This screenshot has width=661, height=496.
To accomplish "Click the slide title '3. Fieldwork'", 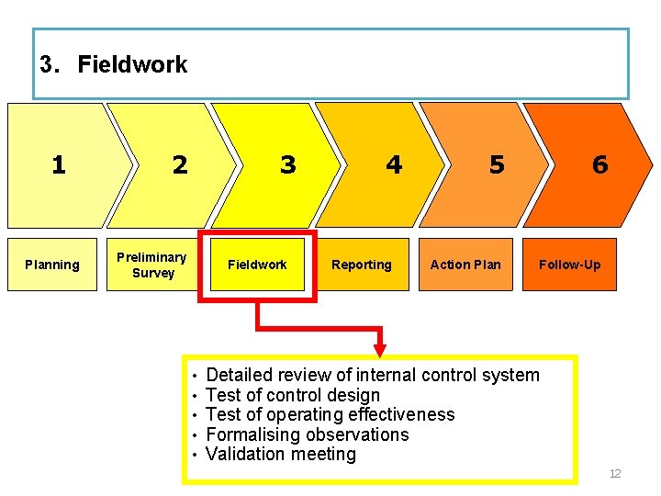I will click(114, 64).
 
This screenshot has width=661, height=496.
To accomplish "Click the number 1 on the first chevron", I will click(59, 164).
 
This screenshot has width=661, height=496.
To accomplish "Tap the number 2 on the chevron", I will click(180, 165).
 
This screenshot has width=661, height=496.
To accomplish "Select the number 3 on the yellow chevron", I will click(288, 164).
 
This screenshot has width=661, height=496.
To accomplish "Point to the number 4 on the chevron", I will click(394, 164).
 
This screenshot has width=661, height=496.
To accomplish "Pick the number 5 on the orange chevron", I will click(497, 164).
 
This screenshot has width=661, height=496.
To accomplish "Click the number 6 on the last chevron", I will click(599, 164).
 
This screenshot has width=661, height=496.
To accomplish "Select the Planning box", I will click(52, 265).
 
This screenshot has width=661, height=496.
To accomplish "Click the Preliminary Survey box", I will click(152, 265).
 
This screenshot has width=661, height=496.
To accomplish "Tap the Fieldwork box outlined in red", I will click(258, 265).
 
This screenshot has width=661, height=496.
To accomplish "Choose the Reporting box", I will click(362, 265).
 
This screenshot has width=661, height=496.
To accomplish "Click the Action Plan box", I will click(465, 265).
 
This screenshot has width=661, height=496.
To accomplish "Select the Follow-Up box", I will click(569, 265).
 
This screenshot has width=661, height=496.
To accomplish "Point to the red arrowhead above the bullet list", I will click(380, 350).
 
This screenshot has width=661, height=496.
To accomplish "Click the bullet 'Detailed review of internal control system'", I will click(373, 375).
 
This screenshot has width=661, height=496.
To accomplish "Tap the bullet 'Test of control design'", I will click(293, 395).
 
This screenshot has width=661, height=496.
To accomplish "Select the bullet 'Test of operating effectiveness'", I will click(330, 414).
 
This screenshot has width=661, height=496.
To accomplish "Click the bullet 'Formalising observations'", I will click(308, 434).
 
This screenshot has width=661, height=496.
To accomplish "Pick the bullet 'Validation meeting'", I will click(281, 454).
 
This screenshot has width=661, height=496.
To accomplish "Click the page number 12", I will click(615, 474).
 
